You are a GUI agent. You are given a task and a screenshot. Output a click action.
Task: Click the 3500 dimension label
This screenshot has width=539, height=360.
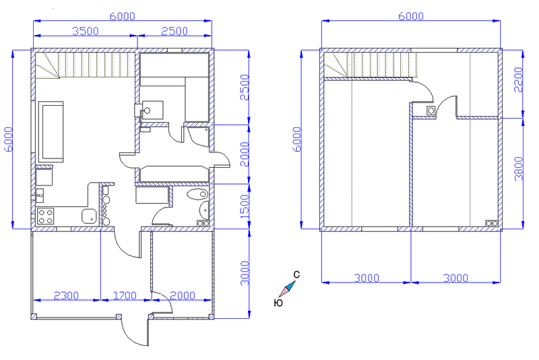coord(86,31)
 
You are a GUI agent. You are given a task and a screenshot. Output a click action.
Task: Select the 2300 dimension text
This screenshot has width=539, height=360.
coord(66,296)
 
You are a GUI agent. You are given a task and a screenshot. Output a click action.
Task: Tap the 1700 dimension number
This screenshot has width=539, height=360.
coord(125,296)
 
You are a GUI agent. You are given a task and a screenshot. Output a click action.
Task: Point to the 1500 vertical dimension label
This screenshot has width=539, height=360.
coord(244,207)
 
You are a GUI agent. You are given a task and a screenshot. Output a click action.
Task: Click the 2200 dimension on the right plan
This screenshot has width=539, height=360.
coord(518,80)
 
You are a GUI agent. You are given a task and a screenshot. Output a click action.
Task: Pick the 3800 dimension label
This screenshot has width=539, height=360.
coord(518,169)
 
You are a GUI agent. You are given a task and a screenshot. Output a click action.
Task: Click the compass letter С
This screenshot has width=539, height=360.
coord(296,275)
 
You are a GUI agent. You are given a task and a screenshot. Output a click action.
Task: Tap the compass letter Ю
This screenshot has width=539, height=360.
coord(278,303)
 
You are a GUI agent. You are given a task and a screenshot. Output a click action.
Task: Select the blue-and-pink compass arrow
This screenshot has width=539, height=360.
coord(288,289)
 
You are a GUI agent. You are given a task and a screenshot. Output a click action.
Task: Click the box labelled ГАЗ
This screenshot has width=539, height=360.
coord(40,196)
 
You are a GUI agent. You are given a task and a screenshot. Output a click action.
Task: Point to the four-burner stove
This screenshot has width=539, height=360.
coord(45,216)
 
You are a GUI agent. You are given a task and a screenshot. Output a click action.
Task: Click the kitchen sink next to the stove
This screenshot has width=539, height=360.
coord(89,216)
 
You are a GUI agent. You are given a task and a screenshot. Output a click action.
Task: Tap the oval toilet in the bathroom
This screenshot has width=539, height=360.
coord(197,194)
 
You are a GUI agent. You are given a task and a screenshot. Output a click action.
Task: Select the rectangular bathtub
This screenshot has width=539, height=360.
coord(152,195)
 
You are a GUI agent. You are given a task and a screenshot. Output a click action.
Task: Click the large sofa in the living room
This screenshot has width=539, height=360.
coord(51,131)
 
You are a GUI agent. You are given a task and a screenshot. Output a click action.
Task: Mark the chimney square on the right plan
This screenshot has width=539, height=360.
coord(431,111)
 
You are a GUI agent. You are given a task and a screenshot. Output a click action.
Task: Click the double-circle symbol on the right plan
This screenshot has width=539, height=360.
coord(492,224)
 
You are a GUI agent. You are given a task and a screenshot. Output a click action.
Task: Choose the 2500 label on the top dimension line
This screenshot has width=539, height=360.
coord(175,31)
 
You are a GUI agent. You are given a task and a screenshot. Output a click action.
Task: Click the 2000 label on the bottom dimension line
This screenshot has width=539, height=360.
coord(183,296)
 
